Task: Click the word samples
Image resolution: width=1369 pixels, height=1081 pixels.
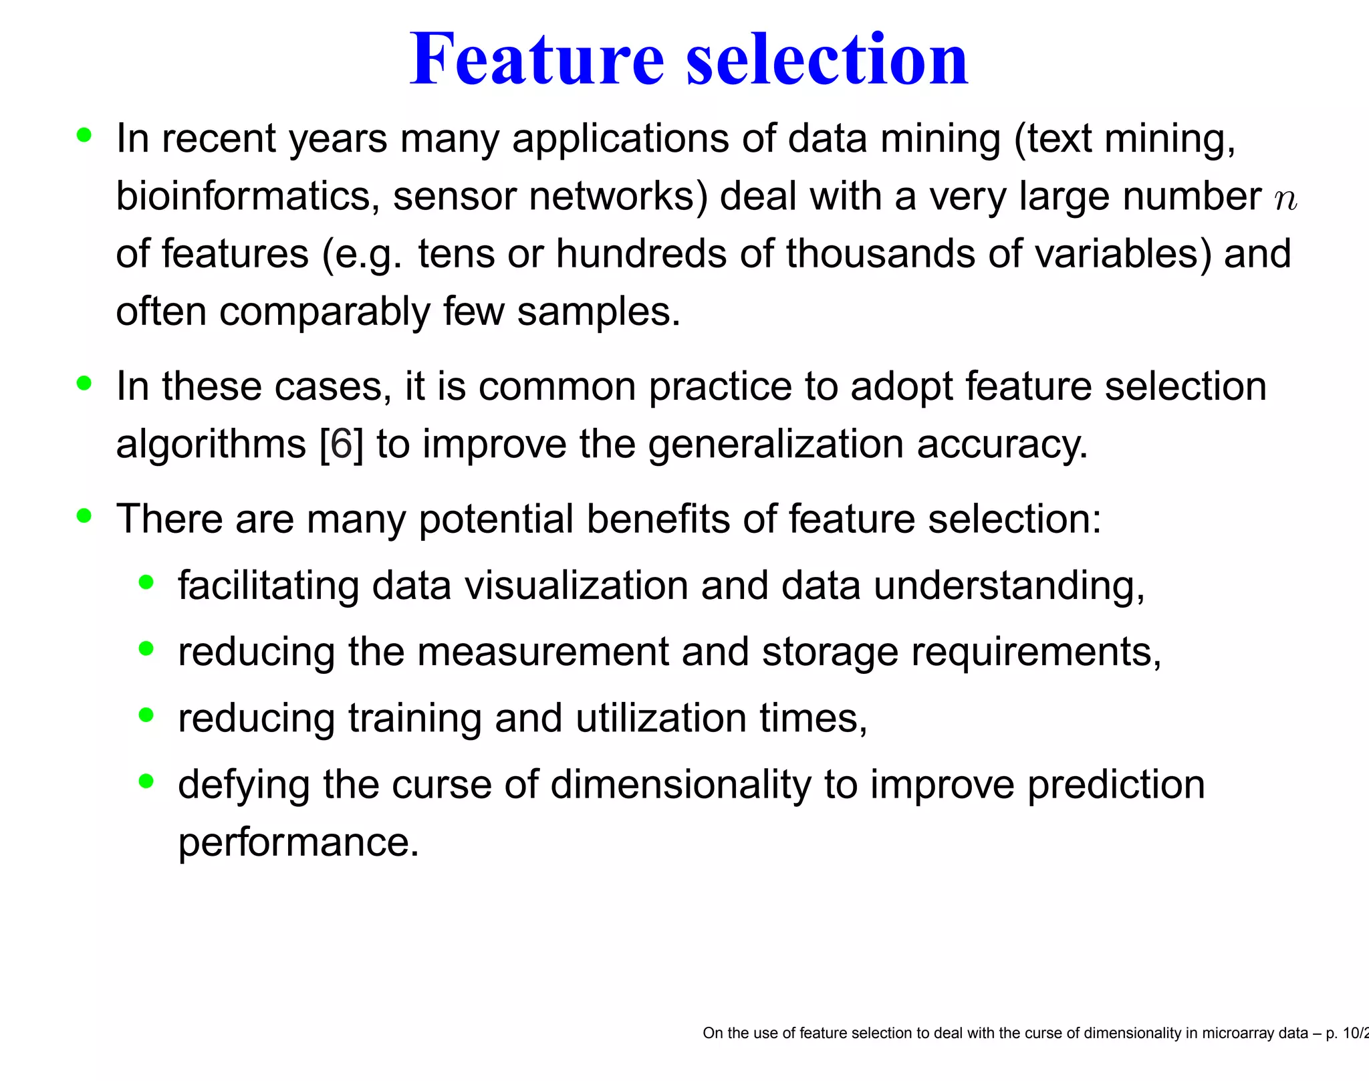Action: [x=598, y=312]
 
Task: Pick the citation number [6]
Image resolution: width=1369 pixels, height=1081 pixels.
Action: [x=342, y=444]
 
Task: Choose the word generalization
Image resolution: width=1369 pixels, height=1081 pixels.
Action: [x=775, y=444]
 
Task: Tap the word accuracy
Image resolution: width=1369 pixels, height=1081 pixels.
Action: [x=1002, y=444]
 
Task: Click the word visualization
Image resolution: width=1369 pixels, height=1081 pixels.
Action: [x=576, y=586]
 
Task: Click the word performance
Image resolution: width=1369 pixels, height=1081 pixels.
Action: [x=298, y=842]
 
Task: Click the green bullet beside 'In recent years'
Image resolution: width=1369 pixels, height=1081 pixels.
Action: [x=84, y=136]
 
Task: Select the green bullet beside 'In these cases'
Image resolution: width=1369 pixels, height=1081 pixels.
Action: [x=84, y=384]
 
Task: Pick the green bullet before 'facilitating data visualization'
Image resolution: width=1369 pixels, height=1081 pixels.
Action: [x=146, y=582]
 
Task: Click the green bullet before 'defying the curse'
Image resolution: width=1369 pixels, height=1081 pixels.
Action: [x=146, y=781]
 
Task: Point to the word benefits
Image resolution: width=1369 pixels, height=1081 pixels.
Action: [x=658, y=519]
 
